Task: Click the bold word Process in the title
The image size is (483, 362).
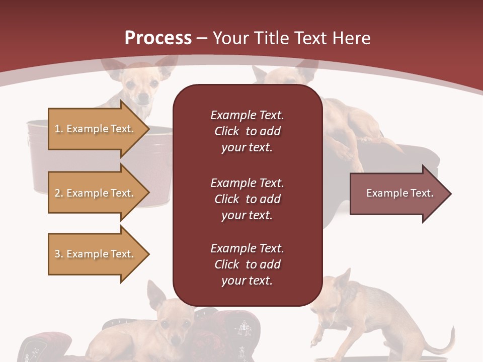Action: tap(158, 38)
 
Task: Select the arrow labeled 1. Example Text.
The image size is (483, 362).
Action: tap(96, 129)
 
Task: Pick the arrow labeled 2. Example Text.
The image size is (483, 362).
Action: tap(96, 193)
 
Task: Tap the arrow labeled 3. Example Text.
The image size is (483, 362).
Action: tap(96, 254)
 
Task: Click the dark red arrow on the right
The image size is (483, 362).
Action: tap(397, 194)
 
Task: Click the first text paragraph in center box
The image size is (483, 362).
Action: tap(247, 131)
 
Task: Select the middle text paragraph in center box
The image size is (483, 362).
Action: tap(247, 199)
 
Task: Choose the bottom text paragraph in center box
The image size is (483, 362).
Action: tap(247, 264)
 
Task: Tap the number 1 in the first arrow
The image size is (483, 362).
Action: tap(57, 129)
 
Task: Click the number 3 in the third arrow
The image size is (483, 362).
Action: tap(57, 254)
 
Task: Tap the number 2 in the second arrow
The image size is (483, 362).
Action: tap(57, 193)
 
